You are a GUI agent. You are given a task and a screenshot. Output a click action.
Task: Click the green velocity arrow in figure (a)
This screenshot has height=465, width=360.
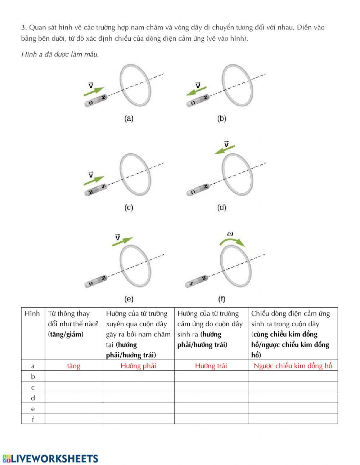(94, 91)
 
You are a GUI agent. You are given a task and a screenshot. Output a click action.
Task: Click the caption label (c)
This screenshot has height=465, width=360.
(129, 207)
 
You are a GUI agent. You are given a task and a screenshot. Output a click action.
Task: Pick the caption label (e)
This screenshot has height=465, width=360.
(129, 299)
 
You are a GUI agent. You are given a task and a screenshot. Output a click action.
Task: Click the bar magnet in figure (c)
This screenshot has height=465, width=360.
(96, 190)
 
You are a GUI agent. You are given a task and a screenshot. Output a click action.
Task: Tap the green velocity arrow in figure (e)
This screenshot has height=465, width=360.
(122, 241)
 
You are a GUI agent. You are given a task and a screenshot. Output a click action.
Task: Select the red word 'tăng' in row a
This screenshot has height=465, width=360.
(74, 366)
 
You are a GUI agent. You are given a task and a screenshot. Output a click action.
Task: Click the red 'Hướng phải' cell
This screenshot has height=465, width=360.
(138, 366)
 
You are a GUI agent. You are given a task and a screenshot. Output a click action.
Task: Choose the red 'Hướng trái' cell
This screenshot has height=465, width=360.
(211, 366)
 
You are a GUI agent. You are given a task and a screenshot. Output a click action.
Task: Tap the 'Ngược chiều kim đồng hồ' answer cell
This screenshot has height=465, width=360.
(293, 366)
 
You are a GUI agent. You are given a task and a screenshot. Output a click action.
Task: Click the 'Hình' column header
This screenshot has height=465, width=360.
(32, 313)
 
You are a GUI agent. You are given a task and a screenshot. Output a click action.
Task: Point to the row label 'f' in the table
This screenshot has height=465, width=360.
(33, 419)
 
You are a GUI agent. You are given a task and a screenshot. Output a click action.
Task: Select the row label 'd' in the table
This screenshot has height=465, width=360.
(33, 398)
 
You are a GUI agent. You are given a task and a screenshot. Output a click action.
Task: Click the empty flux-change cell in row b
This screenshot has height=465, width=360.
(74, 376)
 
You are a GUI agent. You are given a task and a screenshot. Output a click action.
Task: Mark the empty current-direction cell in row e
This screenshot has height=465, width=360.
(293, 408)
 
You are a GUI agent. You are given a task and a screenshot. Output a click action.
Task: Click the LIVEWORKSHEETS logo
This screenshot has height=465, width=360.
(50, 458)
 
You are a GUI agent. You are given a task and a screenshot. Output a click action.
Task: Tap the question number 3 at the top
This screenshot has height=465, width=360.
(23, 27)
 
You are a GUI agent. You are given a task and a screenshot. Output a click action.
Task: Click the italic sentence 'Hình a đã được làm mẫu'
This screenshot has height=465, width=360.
(60, 54)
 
